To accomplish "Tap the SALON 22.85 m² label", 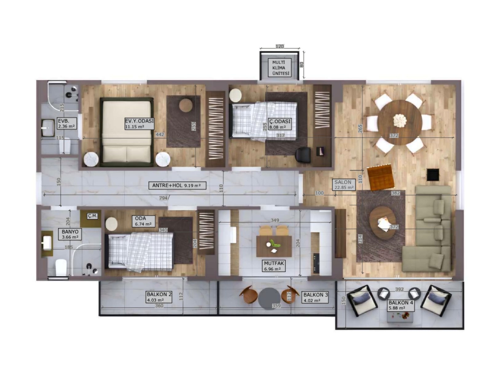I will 344,184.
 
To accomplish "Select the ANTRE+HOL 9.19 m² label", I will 176,185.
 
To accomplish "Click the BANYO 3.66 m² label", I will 70,234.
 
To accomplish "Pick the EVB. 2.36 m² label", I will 66,124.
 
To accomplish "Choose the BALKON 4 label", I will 400,305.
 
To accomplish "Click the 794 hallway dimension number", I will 163,198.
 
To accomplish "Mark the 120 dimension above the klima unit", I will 280,46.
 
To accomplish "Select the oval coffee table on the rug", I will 383,222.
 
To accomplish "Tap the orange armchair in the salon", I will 381,177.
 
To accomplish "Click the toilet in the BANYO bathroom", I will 61,267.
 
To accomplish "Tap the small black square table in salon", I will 433,175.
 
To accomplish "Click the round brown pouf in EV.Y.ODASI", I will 186,105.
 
